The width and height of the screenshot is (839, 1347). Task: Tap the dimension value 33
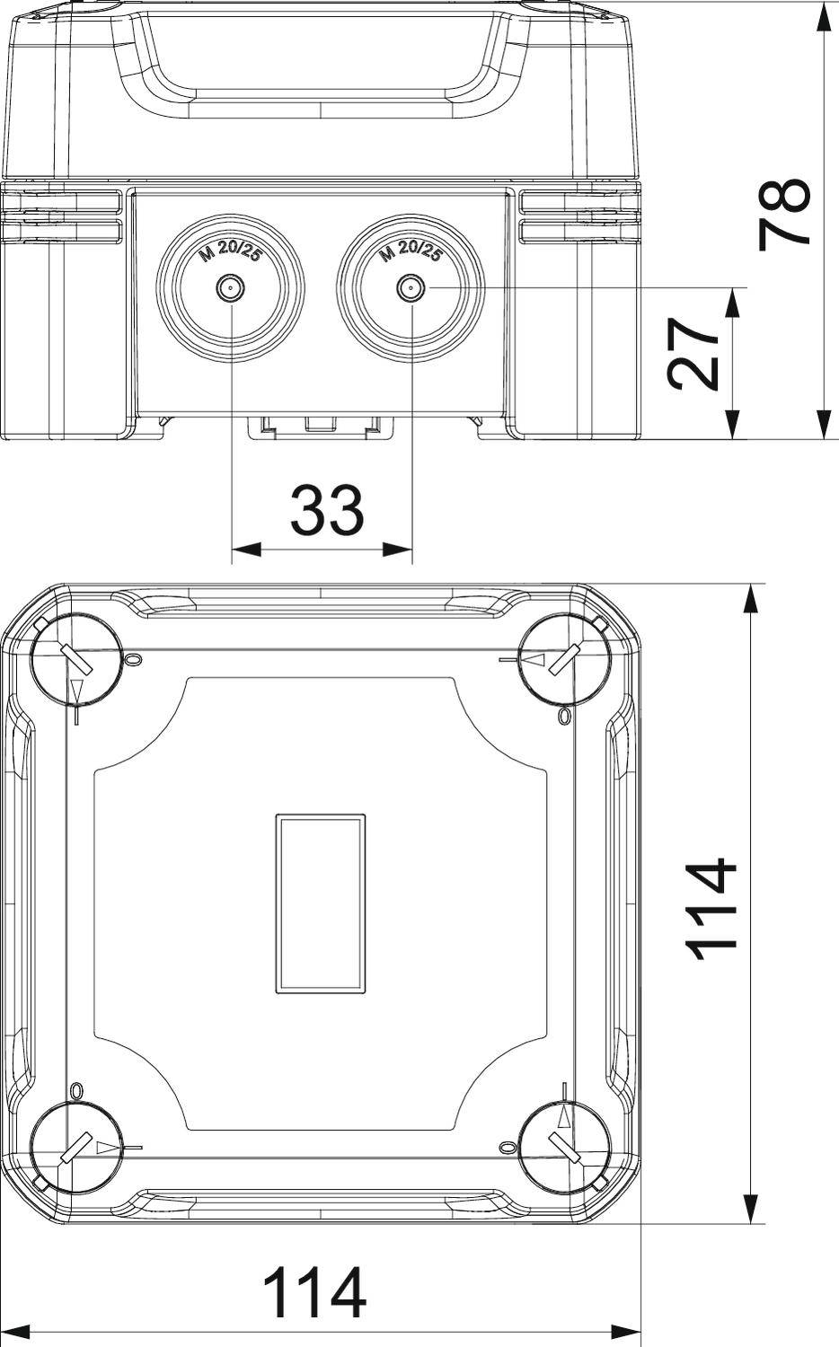(x=326, y=509)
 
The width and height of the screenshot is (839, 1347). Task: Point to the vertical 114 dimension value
(x=712, y=910)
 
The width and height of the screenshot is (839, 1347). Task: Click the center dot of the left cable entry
(x=231, y=289)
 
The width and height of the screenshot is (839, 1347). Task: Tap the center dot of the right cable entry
(x=411, y=289)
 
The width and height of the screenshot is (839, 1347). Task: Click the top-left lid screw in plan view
(x=76, y=661)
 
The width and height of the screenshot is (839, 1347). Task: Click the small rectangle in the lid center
(x=321, y=904)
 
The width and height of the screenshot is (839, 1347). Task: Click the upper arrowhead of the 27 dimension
(x=733, y=303)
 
